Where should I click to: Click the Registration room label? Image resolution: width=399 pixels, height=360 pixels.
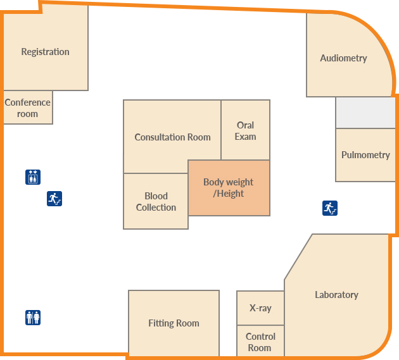click(45, 52)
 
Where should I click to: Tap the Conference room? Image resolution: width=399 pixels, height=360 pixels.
click(27, 108)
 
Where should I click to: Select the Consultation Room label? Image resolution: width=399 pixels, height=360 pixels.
click(172, 137)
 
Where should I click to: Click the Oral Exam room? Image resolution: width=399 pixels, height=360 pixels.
click(245, 131)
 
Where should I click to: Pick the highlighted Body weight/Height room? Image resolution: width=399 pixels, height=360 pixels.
click(229, 188)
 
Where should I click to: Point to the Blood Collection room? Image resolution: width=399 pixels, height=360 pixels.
click(156, 202)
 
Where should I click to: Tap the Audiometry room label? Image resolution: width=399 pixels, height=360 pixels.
click(343, 58)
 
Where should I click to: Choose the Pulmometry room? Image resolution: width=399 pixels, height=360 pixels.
click(365, 155)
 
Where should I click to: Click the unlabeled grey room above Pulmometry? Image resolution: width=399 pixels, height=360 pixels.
click(365, 113)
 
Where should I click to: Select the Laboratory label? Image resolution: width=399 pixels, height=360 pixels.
click(336, 295)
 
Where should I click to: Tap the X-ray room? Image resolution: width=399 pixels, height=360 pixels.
click(260, 308)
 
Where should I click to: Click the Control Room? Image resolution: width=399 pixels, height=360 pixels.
click(260, 342)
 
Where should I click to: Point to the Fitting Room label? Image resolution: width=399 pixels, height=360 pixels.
click(174, 323)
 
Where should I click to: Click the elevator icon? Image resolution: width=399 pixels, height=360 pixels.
click(33, 177)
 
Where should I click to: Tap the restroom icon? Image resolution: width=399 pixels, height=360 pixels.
click(33, 317)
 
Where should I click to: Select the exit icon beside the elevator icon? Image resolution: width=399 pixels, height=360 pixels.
click(54, 199)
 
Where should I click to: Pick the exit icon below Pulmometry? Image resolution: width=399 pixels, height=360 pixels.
click(329, 208)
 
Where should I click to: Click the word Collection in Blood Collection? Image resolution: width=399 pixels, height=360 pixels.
click(156, 208)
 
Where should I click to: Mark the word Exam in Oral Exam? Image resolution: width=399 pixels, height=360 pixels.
click(245, 137)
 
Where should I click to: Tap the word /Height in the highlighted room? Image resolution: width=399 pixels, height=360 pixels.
click(229, 194)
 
